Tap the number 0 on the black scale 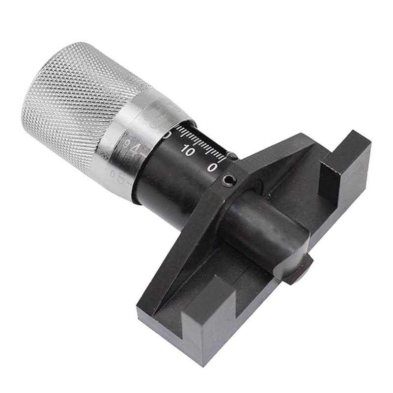coord(213,167)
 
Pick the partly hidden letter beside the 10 coord(167,135)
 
